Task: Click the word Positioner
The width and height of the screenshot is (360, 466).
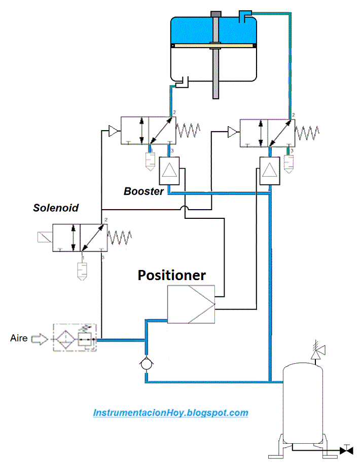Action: [x=172, y=275]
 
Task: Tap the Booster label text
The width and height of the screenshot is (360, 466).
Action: [x=144, y=191]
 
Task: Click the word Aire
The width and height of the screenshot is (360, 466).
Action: [x=18, y=338]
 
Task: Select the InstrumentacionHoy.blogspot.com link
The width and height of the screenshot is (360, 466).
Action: [x=171, y=413]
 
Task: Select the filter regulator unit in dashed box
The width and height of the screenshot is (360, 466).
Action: [x=73, y=337]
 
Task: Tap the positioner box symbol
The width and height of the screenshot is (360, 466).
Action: [x=191, y=304]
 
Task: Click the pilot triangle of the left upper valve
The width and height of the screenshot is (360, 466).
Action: [x=113, y=131]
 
